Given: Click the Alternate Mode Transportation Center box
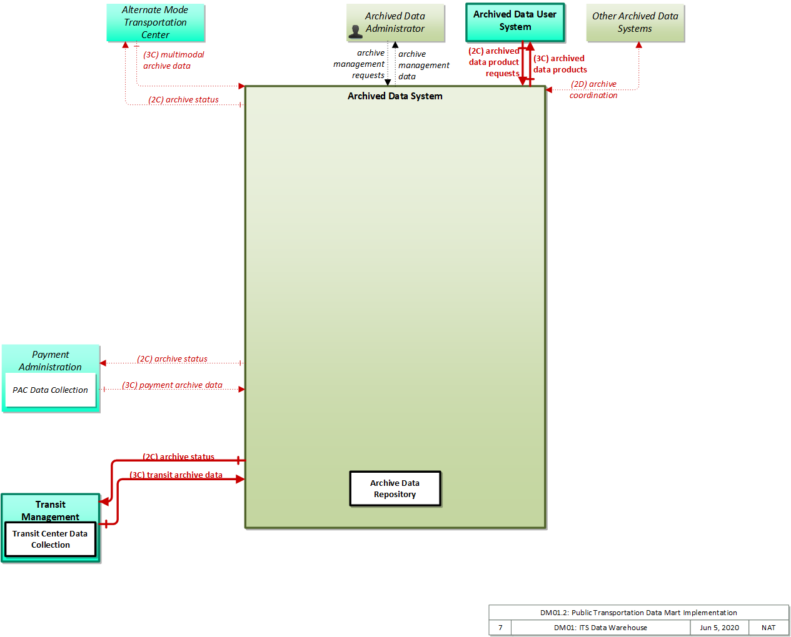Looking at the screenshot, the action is [x=156, y=22].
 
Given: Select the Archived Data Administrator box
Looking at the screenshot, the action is [x=395, y=22].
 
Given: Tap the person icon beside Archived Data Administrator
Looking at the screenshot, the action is [x=355, y=32].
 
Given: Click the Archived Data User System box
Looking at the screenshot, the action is [x=515, y=22].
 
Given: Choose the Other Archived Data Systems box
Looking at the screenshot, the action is [x=635, y=22].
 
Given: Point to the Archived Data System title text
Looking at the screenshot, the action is [x=395, y=96].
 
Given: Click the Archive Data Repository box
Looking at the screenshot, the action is [x=395, y=488].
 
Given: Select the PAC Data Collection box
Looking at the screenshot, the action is [x=51, y=390].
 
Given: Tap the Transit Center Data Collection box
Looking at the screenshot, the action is [x=50, y=539].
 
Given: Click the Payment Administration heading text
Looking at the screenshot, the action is [x=51, y=360].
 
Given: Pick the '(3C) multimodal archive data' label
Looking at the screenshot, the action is [x=173, y=60].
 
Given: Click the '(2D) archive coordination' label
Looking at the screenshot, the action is [x=593, y=89].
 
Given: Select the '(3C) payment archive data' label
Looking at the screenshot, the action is [x=172, y=385].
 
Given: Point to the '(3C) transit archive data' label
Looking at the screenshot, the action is [x=176, y=475].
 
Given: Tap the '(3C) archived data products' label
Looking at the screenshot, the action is [x=560, y=64].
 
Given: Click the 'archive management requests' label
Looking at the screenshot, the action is [x=359, y=64].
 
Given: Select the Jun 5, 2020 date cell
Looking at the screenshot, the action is [x=719, y=628].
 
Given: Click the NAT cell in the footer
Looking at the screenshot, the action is [x=768, y=628].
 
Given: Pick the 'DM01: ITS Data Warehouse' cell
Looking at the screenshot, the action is [x=600, y=628].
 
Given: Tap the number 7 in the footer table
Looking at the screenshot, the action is [x=500, y=628].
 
